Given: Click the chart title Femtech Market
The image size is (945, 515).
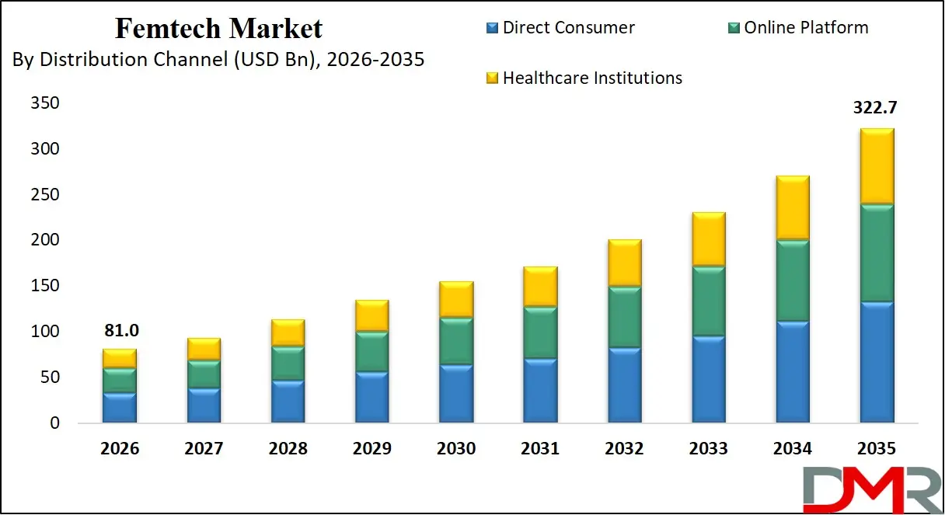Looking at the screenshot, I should point(218,29).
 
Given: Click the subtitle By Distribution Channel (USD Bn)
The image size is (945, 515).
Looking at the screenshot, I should point(218,59).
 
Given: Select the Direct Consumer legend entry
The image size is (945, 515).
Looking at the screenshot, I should point(568,28).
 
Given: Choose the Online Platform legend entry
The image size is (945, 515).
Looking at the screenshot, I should point(806,28).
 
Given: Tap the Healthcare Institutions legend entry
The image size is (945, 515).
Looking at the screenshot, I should point(592,78).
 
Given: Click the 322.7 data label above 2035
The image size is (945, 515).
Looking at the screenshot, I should point(876,108).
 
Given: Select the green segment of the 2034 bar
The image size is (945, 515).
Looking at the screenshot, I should point(791,280).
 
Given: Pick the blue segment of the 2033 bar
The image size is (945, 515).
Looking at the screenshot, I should point(707,380).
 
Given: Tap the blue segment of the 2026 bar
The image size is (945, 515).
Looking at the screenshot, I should point(120,408).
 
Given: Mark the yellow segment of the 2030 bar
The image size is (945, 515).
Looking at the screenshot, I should point(456,299).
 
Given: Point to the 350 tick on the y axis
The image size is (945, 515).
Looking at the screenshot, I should point(44,103).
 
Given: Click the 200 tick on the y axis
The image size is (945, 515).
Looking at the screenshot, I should point(44,240).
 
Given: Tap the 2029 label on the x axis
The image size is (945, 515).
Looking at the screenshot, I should point(371,449).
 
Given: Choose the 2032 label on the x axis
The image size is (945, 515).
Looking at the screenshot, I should point(624,449).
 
